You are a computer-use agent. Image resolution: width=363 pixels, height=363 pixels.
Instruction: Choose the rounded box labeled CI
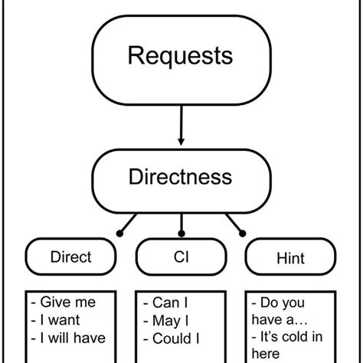(181, 258)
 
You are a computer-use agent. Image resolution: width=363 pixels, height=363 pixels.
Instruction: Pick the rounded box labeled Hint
(289, 258)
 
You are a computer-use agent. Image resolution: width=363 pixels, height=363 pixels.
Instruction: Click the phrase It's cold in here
(285, 346)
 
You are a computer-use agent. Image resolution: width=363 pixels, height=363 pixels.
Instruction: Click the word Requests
(181, 55)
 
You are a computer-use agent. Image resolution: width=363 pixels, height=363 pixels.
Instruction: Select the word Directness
(181, 178)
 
